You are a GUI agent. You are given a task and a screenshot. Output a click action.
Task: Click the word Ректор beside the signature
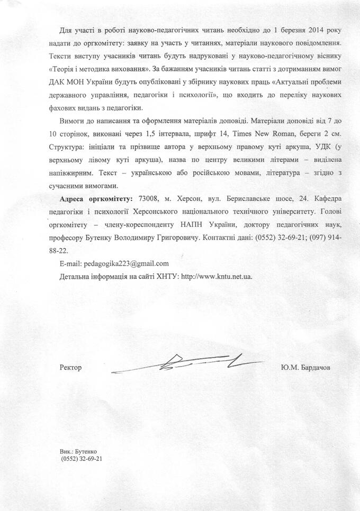click(x=71, y=368)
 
